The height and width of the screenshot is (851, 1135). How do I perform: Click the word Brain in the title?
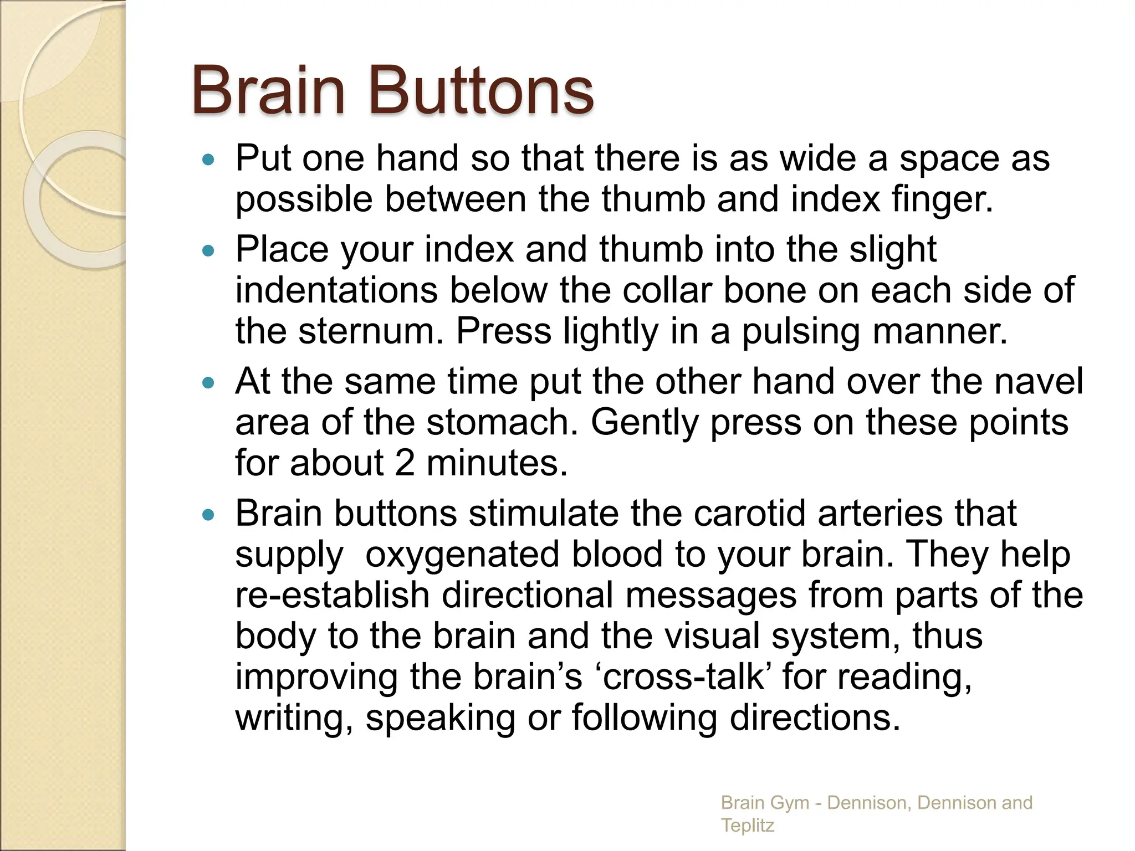[x=269, y=90]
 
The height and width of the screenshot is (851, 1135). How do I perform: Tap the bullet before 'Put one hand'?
[x=208, y=161]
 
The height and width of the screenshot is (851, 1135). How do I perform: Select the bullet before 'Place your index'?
[x=208, y=252]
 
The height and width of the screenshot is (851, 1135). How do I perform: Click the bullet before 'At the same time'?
[x=208, y=383]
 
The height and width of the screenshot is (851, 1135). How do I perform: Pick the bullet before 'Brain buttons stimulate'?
[x=208, y=515]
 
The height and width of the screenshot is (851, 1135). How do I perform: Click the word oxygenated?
[x=462, y=554]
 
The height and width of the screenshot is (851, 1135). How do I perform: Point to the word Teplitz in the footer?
[x=747, y=825]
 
